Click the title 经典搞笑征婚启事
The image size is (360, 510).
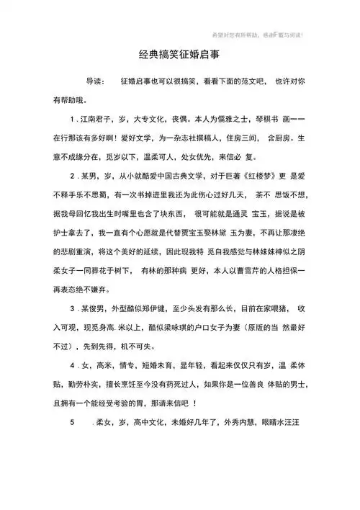coord(181,55)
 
